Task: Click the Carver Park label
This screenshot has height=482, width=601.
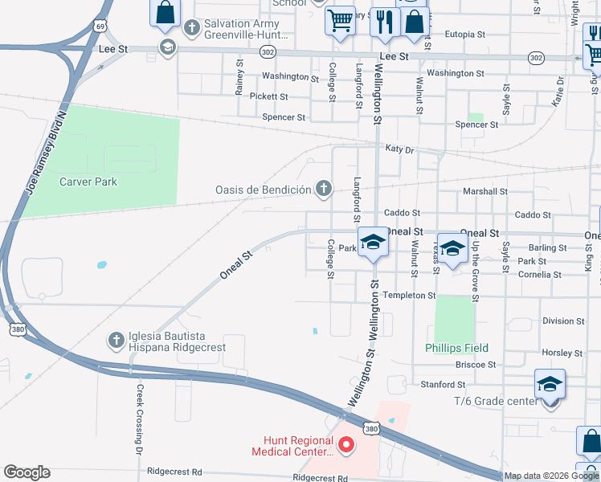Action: [88, 182]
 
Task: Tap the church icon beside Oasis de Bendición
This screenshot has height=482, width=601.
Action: [323, 189]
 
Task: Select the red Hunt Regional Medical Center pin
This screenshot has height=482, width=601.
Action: [347, 443]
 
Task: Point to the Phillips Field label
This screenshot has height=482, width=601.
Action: [456, 348]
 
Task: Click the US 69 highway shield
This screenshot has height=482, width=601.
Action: [100, 26]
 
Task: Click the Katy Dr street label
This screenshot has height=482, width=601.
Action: [399, 149]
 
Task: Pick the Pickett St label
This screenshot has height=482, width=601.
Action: [268, 96]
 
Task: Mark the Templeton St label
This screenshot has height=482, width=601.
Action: [409, 296]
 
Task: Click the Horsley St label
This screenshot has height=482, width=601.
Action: [562, 353]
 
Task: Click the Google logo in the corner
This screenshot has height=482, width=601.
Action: [27, 472]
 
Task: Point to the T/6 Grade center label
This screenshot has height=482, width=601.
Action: [496, 400]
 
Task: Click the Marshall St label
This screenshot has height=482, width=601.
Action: [485, 192]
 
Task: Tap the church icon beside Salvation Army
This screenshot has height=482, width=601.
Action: [192, 28]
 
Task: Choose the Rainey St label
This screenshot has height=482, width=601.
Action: [239, 77]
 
